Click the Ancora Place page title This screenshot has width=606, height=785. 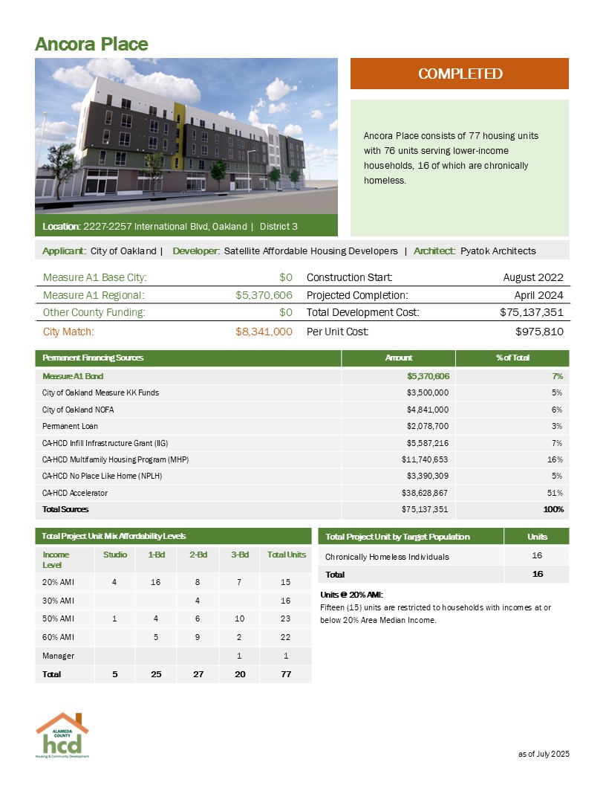pos(91,44)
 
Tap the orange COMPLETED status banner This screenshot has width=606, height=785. pos(460,74)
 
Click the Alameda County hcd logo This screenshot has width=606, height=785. pos(62,735)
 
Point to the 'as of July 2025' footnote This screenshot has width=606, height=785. pos(543,755)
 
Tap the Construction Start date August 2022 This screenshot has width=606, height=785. pos(533,277)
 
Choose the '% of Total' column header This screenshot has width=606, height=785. pos(512,358)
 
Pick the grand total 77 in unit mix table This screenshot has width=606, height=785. pos(287,674)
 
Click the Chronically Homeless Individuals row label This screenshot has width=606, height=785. pos(387,556)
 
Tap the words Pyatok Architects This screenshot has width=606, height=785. pos(498,251)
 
